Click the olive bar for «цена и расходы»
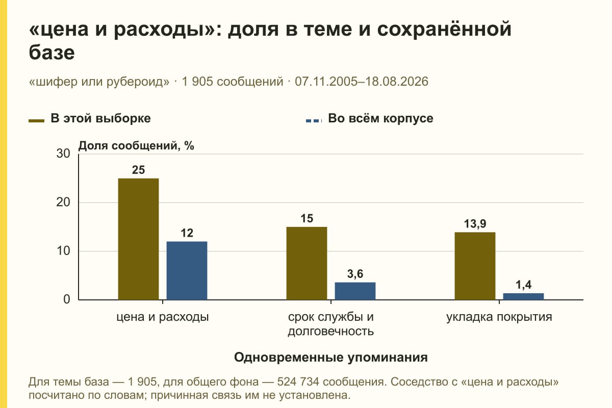138,239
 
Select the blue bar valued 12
187,270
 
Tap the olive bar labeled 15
307,264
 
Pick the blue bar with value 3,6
355,291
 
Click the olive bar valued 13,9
475,266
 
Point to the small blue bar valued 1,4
523,296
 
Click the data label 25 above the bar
138,170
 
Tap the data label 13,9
475,224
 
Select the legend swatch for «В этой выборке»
36,121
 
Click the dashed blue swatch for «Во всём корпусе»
314,121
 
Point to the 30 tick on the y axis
63,154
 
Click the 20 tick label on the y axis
63,202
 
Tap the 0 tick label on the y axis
67,300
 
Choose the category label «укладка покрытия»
499,317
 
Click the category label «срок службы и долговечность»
331,324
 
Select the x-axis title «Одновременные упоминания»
331,358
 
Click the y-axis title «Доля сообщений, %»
136,146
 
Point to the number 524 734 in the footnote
298,382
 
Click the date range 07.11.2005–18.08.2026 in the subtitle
362,82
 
